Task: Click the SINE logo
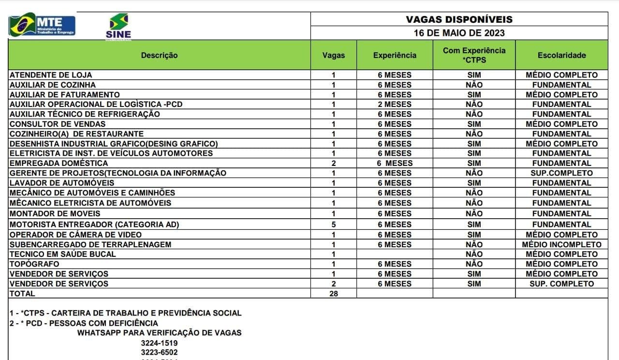tap(118, 26)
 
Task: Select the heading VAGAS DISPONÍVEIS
tap(459, 19)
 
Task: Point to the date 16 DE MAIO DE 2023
tap(459, 33)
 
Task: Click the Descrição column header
tap(159, 55)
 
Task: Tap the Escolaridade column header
tap(561, 55)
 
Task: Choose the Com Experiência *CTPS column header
tap(474, 55)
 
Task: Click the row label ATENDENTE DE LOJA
tap(51, 75)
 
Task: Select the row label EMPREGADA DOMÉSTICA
tap(59, 163)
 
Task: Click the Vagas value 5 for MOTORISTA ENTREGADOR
tap(334, 225)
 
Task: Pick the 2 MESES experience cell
tap(395, 104)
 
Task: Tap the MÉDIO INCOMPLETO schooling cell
tap(561, 244)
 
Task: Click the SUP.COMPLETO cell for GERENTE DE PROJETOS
tap(561, 173)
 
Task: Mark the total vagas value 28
tap(334, 293)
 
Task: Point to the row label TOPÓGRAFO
tap(34, 264)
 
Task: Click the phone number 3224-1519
tap(159, 343)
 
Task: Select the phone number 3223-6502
tap(159, 352)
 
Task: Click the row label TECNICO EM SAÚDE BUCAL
tap(63, 254)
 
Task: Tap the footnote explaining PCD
tap(84, 323)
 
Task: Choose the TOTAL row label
tap(22, 293)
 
